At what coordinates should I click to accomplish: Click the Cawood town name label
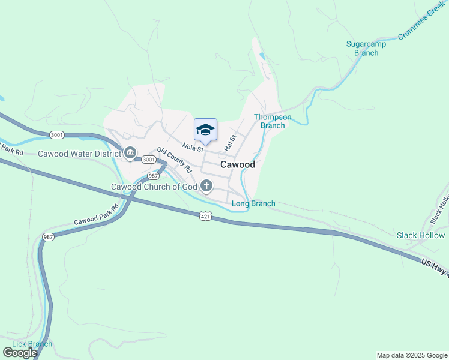238,164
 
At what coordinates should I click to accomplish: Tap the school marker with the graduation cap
205,130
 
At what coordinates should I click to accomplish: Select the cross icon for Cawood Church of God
206,186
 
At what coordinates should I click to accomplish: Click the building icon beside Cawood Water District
130,154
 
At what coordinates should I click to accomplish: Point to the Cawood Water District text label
79,154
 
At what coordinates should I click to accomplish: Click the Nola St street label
193,147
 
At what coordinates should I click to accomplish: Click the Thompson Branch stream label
273,121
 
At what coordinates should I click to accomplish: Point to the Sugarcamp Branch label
366,48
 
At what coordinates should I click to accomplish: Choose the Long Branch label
253,203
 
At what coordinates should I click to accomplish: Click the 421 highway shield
206,215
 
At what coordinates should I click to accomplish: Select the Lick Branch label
32,344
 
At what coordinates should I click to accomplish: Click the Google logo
20,353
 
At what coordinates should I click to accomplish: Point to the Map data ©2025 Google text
412,355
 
